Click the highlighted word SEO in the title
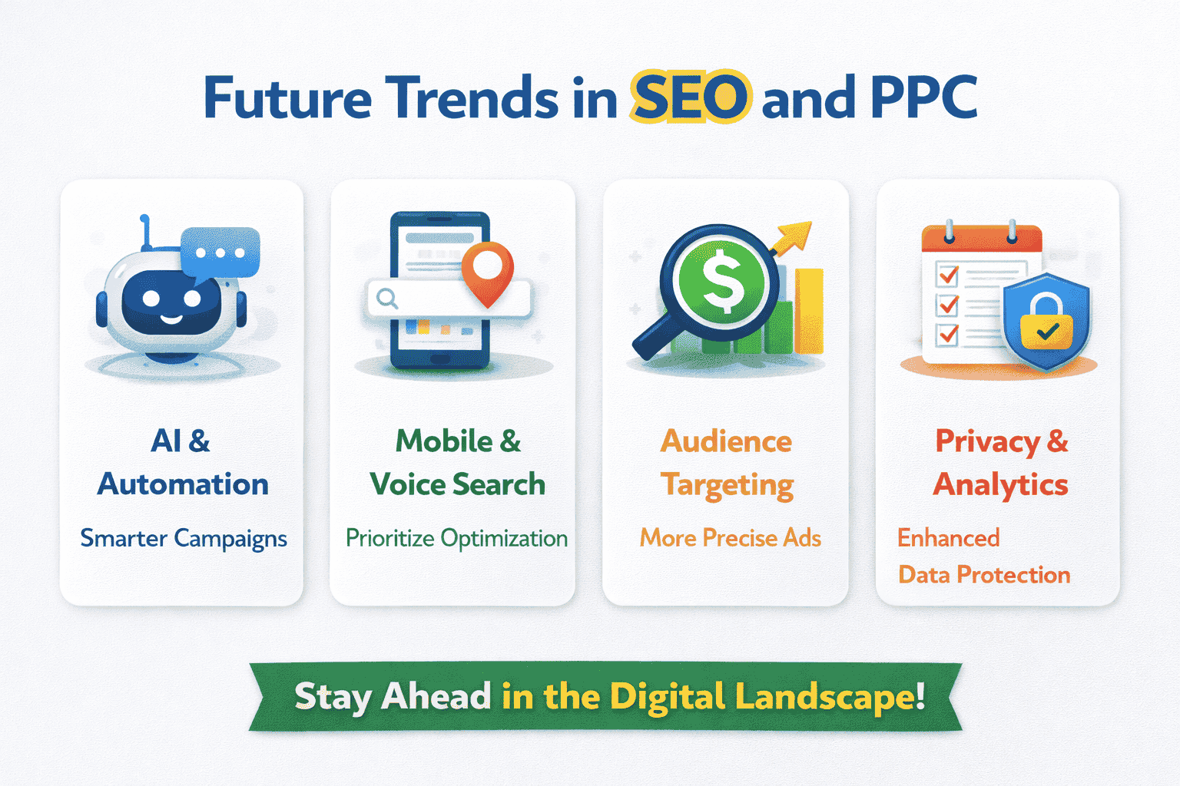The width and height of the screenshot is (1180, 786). click(690, 97)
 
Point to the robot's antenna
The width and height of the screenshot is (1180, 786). click(144, 233)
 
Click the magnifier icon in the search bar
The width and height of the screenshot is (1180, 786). click(387, 298)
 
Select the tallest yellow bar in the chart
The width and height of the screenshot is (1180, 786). click(809, 311)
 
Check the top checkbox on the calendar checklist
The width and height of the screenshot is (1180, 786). click(948, 274)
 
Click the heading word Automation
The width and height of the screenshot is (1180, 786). click(183, 484)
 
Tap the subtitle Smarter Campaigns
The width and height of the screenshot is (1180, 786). click(184, 539)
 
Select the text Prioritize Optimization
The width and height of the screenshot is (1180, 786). click(456, 539)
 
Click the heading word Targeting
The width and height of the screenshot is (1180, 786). click(727, 486)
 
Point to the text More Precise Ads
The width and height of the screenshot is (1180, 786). click(731, 538)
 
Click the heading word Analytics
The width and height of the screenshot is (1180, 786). click(1000, 486)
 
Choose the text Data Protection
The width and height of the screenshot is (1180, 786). click(984, 575)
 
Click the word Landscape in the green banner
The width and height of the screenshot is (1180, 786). click(829, 697)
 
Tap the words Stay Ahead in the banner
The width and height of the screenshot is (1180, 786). click(393, 697)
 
